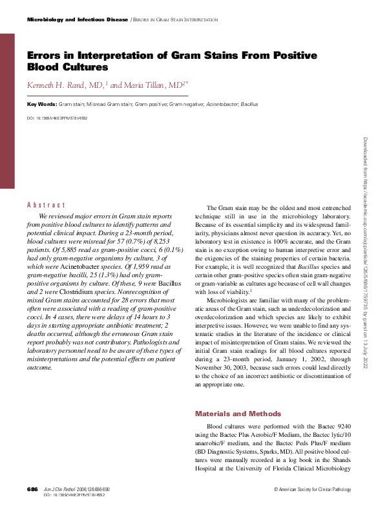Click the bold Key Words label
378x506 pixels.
pyautogui.click(x=41, y=104)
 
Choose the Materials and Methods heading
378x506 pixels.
pyautogui.click(x=238, y=414)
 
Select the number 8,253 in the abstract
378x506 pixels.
pyautogui.click(x=164, y=246)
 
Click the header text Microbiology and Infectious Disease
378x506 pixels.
pyautogui.click(x=76, y=20)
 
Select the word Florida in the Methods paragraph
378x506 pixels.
pyautogui.click(x=276, y=469)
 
